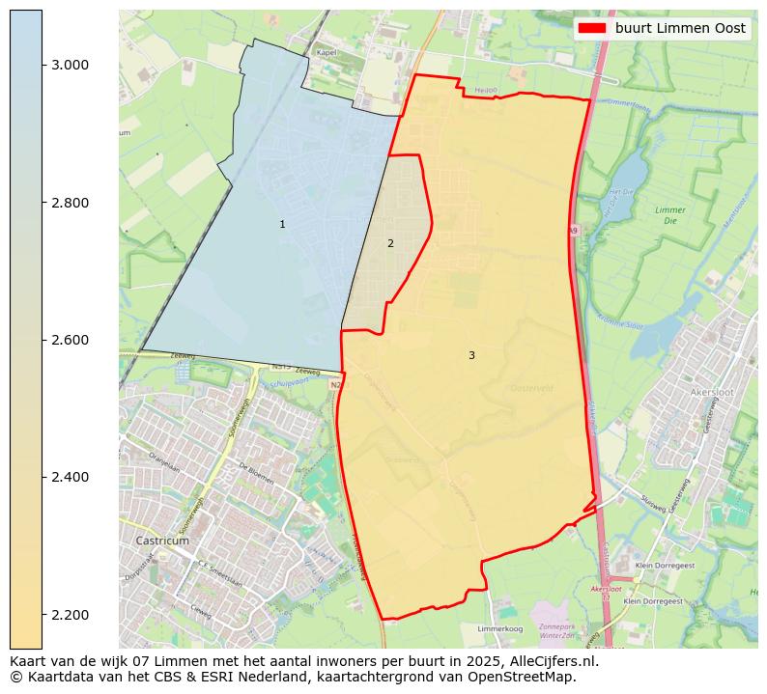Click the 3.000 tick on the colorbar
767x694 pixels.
tap(69, 65)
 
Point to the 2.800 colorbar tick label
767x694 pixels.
tap(69, 203)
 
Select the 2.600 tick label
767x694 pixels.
tap(69, 340)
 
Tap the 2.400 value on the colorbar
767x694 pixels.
tap(69, 477)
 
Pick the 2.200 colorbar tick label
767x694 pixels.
tap(69, 615)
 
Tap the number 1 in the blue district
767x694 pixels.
tap(282, 225)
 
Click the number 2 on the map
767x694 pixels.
tap(390, 244)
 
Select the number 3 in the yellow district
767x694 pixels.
tap(471, 356)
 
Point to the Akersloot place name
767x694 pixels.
tap(713, 393)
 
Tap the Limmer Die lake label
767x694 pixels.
tap(669, 215)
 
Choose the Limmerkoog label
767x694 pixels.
tap(500, 627)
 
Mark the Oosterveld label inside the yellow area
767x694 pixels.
tap(528, 388)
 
